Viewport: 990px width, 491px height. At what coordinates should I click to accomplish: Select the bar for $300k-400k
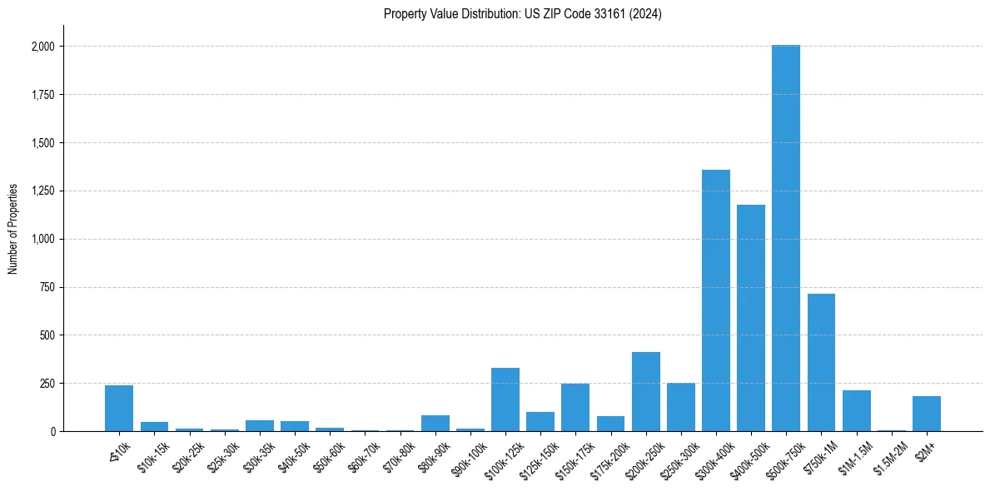(x=716, y=300)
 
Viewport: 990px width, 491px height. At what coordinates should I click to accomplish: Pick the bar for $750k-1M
(x=821, y=363)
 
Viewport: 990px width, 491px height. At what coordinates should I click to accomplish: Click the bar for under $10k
(x=119, y=409)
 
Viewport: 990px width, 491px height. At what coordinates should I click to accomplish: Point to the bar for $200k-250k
(x=646, y=392)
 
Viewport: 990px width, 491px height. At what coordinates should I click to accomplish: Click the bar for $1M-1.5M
(x=856, y=411)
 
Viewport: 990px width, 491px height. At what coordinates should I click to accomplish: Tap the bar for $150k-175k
(x=575, y=408)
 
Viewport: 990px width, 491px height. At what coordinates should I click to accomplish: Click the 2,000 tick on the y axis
(x=42, y=47)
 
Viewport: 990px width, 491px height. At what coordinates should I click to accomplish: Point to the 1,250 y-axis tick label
(x=42, y=191)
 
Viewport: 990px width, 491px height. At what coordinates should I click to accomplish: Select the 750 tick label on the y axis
(x=47, y=287)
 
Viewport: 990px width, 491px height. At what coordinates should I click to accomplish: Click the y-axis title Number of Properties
(x=13, y=228)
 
